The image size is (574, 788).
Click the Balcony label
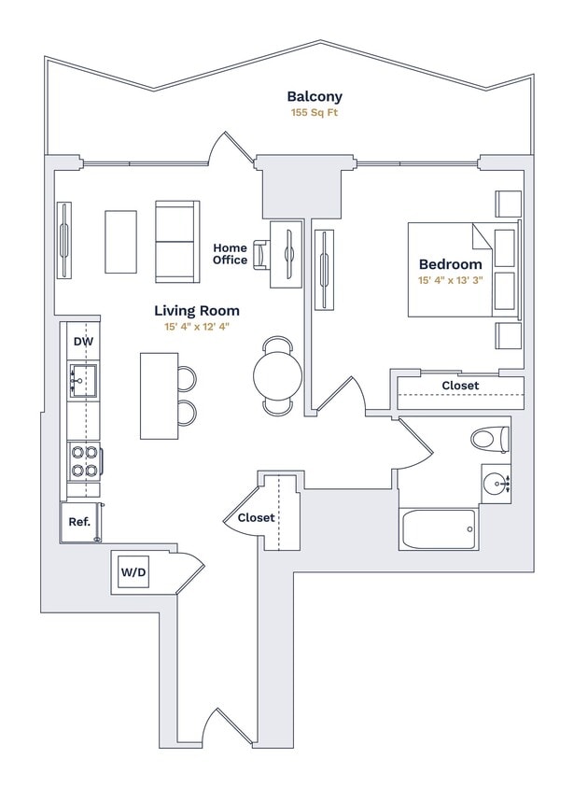(315, 96)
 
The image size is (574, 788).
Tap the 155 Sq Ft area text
(315, 113)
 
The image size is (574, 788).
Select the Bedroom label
(450, 264)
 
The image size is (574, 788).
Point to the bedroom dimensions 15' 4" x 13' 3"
(450, 280)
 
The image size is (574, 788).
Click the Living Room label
(196, 310)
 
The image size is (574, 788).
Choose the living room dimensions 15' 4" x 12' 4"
(196, 327)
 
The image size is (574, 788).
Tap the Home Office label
(231, 253)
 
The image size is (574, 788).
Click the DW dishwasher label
(83, 341)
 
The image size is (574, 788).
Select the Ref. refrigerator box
(79, 522)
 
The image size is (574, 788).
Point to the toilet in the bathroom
(489, 438)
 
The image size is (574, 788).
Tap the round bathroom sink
(495, 484)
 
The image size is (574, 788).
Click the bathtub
(438, 529)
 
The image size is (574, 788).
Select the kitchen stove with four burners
(83, 458)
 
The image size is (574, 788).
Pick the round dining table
(278, 375)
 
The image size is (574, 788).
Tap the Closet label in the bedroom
(459, 386)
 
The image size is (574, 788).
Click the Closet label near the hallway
(256, 517)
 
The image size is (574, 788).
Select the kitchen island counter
(159, 395)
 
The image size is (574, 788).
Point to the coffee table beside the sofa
(120, 242)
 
